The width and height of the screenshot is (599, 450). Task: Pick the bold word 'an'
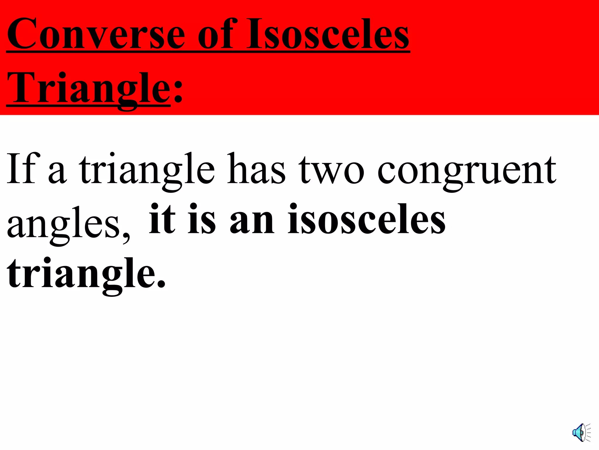pos(252,223)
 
